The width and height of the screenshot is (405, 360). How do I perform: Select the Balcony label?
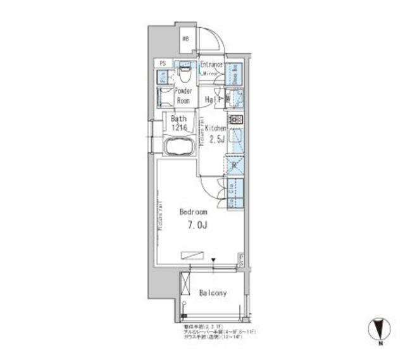click(213, 294)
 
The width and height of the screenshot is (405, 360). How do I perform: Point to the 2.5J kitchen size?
click(217, 139)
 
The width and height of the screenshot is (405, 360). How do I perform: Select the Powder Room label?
click(184, 96)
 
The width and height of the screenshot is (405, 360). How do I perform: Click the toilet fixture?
click(185, 76)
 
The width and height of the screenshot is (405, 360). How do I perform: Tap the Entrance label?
click(211, 65)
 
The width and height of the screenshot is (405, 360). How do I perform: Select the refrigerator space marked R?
click(234, 166)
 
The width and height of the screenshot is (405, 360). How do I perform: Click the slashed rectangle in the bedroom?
click(193, 255)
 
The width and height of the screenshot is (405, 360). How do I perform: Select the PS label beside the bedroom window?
click(241, 259)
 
